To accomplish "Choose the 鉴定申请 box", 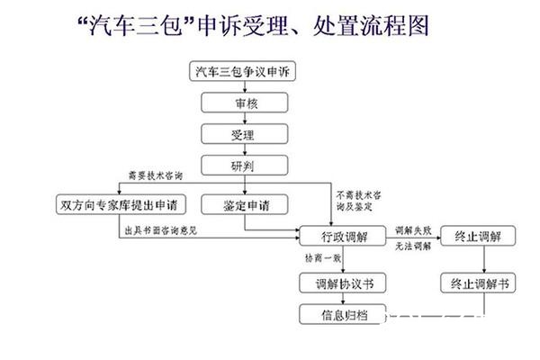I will [x=242, y=205].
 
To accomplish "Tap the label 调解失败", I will [x=409, y=230].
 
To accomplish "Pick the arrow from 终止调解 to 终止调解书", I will [x=485, y=260].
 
